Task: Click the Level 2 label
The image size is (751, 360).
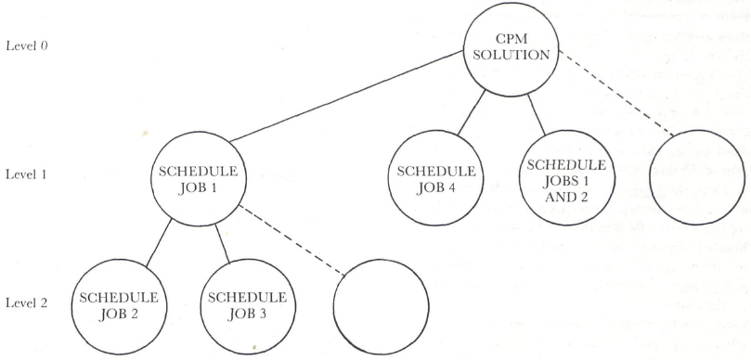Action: (29, 304)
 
